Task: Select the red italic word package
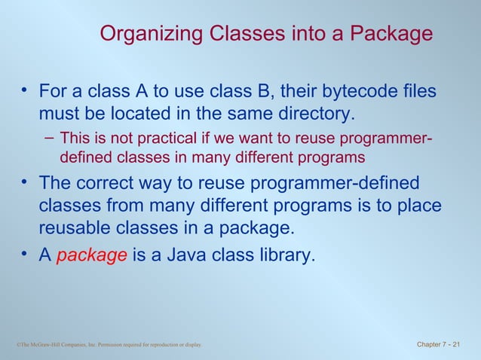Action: (x=91, y=255)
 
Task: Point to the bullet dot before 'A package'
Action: (x=24, y=255)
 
